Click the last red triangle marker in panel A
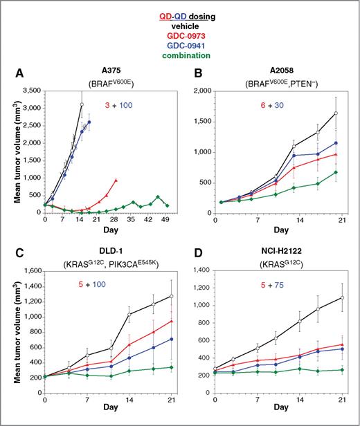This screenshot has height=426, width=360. pos(116,180)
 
